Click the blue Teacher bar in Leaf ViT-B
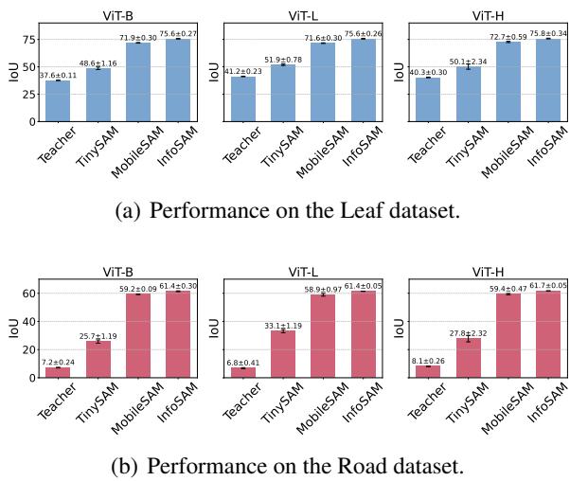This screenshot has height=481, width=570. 59,101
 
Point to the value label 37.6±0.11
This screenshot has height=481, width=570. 59,76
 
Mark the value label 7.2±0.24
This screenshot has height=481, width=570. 59,361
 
